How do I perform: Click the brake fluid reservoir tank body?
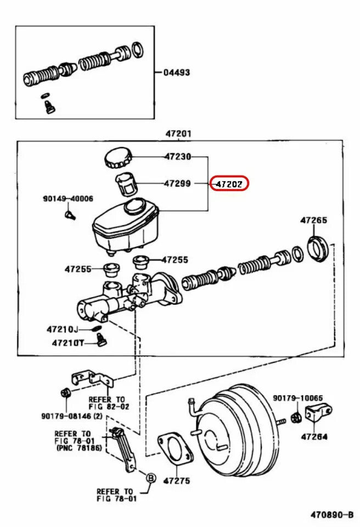(125, 228)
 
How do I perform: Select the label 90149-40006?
(68, 199)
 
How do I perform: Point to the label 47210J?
(62, 329)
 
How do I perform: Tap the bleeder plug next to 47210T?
(100, 342)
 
